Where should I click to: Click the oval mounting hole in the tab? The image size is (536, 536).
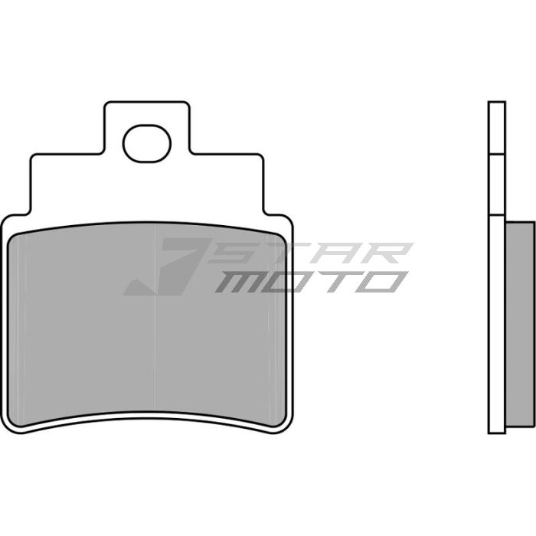[148, 143]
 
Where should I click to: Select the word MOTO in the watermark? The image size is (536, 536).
[310, 282]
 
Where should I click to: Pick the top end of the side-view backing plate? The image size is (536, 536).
[496, 104]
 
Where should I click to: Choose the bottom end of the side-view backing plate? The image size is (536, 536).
[496, 430]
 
